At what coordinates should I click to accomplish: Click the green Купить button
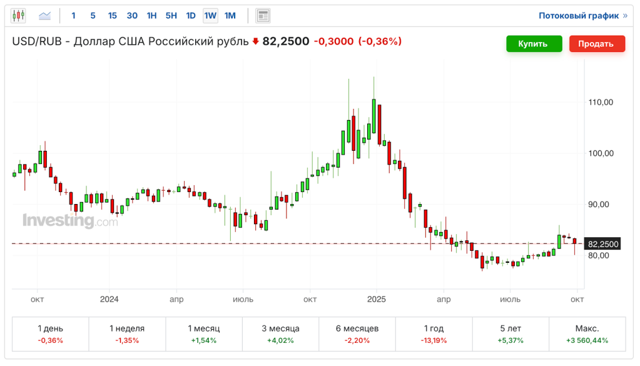pos(532,44)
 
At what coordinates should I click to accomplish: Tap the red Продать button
pos(597,44)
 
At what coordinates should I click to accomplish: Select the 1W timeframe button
pos(210,16)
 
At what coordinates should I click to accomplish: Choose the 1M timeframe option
pos(230,16)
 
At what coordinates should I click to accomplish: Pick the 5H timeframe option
pos(171,16)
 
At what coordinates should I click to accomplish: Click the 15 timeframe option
pos(112,16)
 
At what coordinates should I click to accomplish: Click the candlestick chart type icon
pos(18,16)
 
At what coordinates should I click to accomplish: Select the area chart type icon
pos(45,16)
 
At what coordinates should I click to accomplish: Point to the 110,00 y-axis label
pos(601,103)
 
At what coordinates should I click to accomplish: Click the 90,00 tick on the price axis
pos(601,205)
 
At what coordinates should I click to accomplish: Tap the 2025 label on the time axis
pos(376,299)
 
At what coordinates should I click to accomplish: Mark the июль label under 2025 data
pos(510,299)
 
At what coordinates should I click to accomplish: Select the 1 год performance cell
pos(434,334)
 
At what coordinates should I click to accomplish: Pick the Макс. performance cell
pos(587,334)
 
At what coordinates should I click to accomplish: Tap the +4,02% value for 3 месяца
pos(280,341)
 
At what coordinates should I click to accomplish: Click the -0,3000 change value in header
pos(333,42)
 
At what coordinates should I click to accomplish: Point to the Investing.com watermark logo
pos(69,221)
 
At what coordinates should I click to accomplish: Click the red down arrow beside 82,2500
pos(255,42)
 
